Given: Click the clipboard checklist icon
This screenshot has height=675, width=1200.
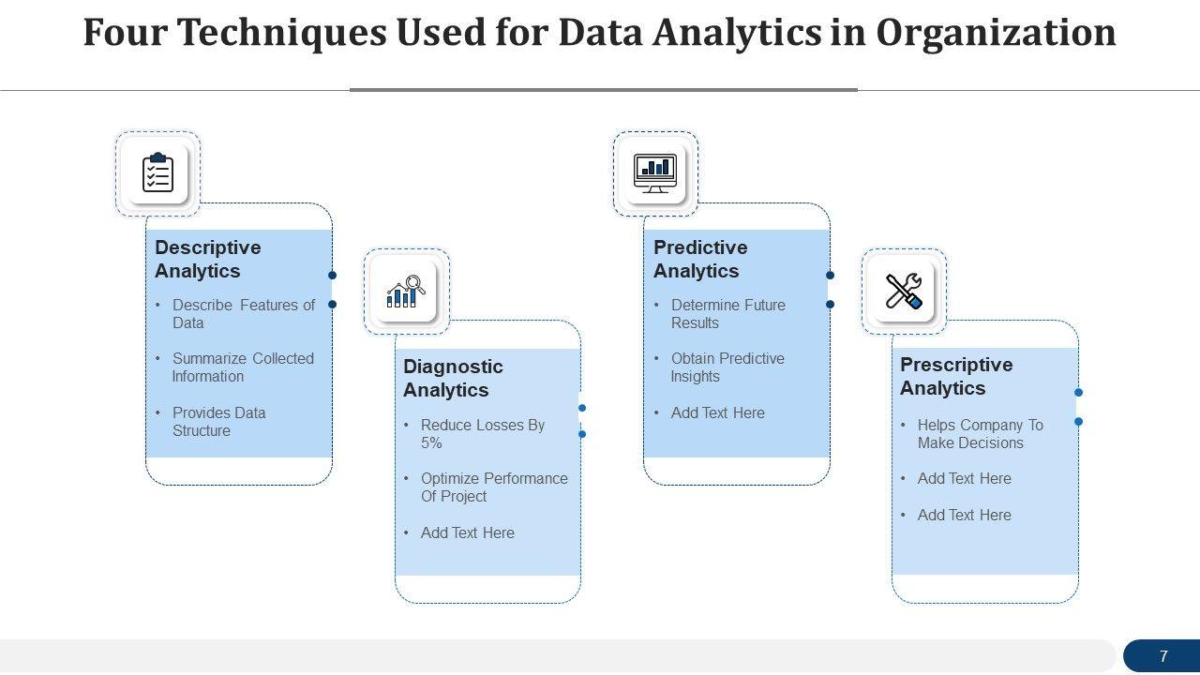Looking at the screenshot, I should [x=157, y=173].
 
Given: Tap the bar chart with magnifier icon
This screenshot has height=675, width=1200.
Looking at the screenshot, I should [x=406, y=292].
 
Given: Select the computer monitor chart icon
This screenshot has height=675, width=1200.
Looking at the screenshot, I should [x=655, y=173].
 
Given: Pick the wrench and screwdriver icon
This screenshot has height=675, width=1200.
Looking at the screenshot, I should [x=904, y=292].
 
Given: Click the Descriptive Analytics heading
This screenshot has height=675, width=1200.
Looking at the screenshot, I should [x=208, y=259].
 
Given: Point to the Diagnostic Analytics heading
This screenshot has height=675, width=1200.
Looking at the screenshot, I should [x=453, y=378].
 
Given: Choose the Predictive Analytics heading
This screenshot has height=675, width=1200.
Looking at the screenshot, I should [x=700, y=259].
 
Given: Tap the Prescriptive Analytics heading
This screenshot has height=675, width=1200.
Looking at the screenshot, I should [x=956, y=376].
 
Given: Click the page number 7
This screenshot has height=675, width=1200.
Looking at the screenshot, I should [x=1163, y=656].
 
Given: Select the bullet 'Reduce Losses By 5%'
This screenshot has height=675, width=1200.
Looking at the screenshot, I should [x=482, y=434].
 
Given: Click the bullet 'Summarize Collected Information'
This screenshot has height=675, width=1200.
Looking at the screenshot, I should [x=242, y=367].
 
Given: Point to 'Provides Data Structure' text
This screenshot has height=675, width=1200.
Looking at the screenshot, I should [x=218, y=422].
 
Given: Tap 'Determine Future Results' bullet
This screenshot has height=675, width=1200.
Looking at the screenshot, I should [x=727, y=314].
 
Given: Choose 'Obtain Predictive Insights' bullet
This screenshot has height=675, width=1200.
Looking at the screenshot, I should [x=727, y=367].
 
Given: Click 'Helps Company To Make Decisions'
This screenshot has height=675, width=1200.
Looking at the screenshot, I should [x=980, y=434].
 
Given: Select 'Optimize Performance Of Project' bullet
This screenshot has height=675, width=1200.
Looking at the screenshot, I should [x=493, y=487].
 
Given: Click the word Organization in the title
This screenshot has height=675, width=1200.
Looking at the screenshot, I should [x=996, y=33].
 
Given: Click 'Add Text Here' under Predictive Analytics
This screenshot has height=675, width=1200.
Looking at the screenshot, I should [x=717, y=412].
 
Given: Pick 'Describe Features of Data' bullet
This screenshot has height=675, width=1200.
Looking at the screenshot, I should [x=243, y=314].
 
